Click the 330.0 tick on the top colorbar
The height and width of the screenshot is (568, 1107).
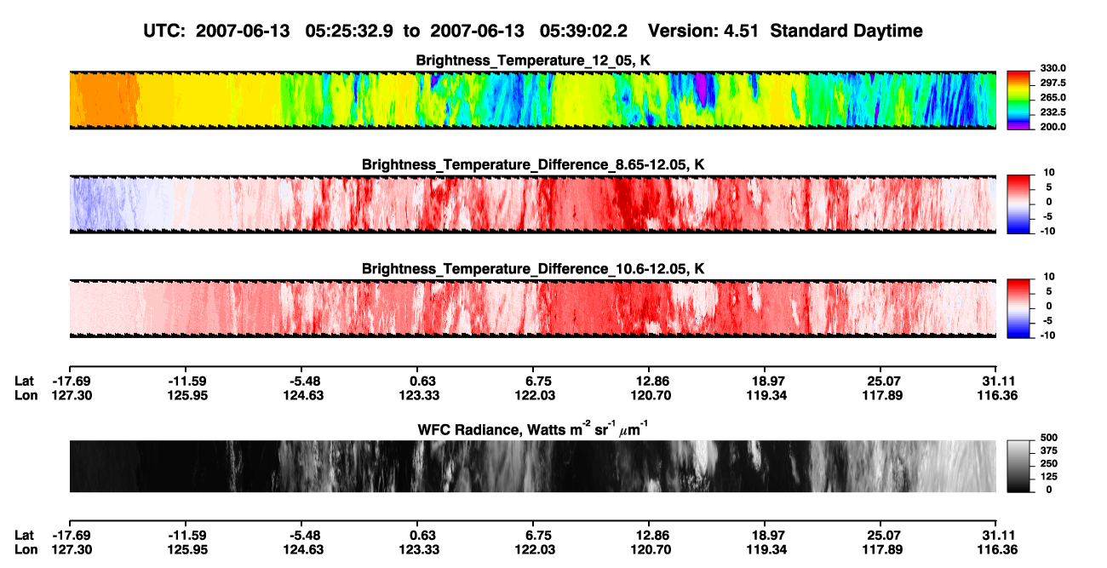1053,68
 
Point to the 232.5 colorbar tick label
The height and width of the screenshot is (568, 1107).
1053,112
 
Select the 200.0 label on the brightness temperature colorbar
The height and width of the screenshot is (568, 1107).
1053,127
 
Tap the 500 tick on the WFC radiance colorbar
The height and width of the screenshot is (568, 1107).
1049,438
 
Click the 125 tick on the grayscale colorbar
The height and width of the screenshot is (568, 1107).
1049,477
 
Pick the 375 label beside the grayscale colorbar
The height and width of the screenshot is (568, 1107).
1049,450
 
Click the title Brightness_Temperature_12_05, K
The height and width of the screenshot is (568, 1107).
533,60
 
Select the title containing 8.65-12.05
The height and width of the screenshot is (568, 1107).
533,164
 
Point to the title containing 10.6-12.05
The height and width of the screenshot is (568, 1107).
533,269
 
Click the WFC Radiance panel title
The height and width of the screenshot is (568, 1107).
533,429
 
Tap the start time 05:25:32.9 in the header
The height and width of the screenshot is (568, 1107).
349,32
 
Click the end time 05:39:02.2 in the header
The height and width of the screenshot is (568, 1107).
583,32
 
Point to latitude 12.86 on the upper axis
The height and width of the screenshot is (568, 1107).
652,382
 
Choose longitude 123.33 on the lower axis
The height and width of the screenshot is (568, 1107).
419,550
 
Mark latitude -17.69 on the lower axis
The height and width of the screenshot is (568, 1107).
72,536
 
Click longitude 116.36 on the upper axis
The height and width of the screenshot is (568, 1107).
997,395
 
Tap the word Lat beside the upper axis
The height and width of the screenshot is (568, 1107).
24,382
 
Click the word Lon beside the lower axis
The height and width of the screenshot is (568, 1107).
26,550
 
